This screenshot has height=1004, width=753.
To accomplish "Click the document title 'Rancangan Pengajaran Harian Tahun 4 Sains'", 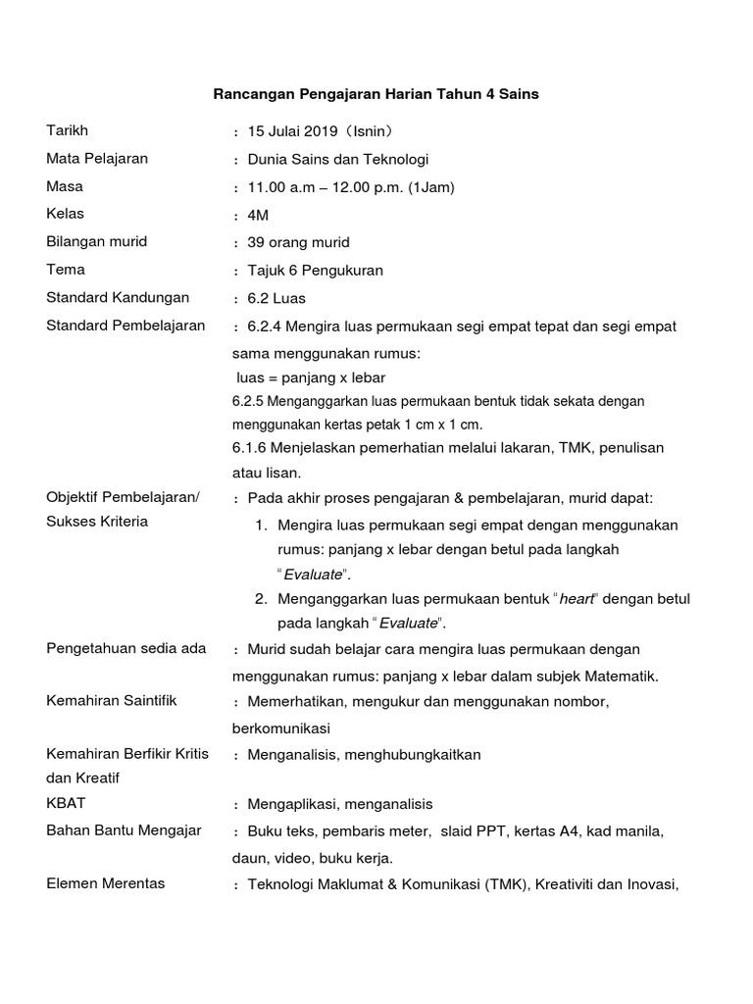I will [x=376, y=94].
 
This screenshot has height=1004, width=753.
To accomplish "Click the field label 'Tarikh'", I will [x=66, y=130].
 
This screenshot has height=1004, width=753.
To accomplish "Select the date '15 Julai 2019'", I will [x=292, y=131].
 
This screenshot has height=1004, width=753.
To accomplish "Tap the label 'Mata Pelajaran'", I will [x=97, y=158].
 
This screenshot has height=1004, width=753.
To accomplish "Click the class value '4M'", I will [x=258, y=215].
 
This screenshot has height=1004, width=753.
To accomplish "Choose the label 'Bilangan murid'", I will [x=97, y=241].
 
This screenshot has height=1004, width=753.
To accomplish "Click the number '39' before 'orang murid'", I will [x=257, y=242].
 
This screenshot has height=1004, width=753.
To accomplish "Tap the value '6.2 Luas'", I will [x=276, y=298].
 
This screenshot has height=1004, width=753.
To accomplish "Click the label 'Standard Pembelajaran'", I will [x=125, y=325].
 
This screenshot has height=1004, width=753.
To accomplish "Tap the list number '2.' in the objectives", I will [x=261, y=598].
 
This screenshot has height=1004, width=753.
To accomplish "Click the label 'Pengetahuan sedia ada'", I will [x=126, y=648].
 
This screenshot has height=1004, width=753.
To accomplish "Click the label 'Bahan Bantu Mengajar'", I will [x=124, y=830].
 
